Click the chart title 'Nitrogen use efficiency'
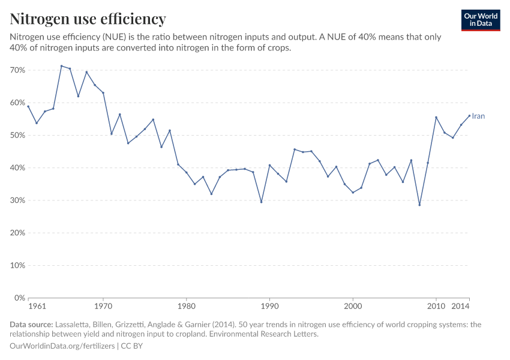pyautogui.click(x=88, y=19)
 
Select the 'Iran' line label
pyautogui.click(x=478, y=116)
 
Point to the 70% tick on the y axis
pyautogui.click(x=17, y=70)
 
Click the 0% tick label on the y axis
pyautogui.click(x=19, y=298)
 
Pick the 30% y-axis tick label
pyautogui.click(x=17, y=200)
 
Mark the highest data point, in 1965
pyautogui.click(x=61, y=66)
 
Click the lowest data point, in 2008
pyautogui.click(x=419, y=205)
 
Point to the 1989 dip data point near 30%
pyautogui.click(x=261, y=202)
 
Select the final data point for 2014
pyautogui.click(x=469, y=116)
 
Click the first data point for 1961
pyautogui.click(x=28, y=106)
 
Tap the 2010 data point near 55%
pyautogui.click(x=436, y=118)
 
